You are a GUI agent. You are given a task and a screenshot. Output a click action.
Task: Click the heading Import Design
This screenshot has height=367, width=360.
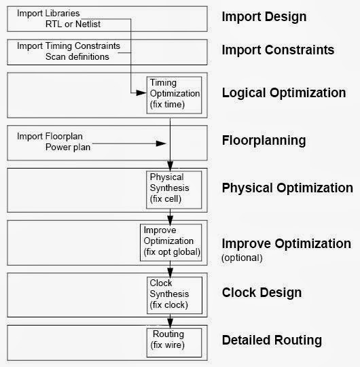coord(264,17)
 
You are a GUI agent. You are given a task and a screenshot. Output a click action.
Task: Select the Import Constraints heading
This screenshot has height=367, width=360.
coord(278,50)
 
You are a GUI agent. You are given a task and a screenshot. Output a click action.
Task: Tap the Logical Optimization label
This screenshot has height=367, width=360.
coord(284,92)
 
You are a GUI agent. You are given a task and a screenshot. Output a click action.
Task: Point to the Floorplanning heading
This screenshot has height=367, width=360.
coord(264,141)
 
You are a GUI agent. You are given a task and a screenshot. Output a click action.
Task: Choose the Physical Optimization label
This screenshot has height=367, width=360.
coord(287,188)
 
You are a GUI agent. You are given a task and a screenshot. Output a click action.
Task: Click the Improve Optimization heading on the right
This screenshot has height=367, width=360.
coord(287,243)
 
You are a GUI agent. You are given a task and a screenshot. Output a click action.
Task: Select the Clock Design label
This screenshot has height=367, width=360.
coord(262,293)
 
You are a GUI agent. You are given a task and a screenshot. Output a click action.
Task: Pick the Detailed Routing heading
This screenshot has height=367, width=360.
coord(272,340)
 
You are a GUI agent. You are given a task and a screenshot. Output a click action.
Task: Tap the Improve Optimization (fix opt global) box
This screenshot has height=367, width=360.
coord(171,241)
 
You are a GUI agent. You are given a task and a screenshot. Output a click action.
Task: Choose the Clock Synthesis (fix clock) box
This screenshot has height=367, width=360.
coord(175,293)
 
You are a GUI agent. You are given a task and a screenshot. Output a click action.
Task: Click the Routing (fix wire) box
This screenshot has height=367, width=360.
coord(175,340)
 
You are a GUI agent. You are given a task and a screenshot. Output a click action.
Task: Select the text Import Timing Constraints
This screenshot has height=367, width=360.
coord(69,46)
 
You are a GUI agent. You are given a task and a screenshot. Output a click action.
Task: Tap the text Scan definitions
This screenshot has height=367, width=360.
coord(77,56)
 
